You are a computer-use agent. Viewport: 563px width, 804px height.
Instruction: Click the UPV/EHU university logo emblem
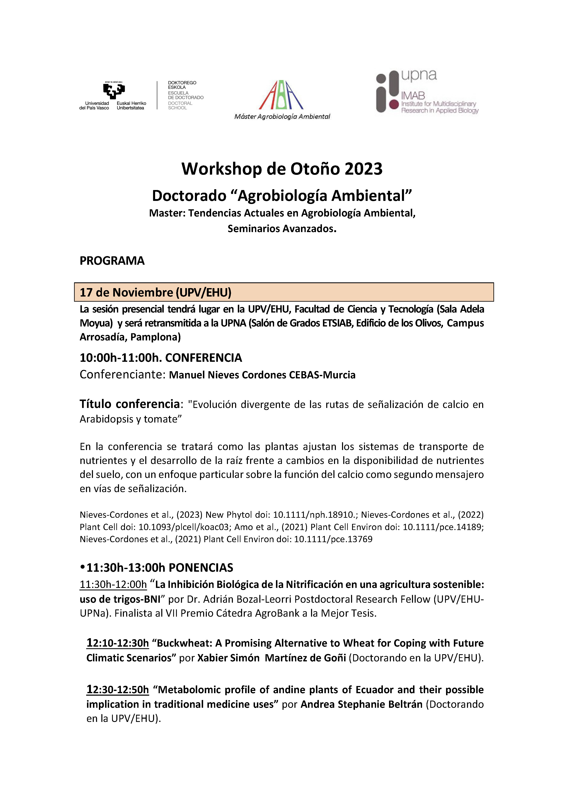pos(114,90)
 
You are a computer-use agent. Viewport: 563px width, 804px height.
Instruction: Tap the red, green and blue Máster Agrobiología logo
pos(281,95)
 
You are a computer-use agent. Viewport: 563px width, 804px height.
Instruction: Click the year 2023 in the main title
pos(363,169)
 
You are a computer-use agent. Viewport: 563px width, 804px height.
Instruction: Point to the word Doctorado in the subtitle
pos(189,196)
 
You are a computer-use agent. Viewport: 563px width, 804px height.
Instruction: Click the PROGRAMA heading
pos(112,261)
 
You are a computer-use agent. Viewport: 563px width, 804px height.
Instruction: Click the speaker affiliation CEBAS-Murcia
pos(322,375)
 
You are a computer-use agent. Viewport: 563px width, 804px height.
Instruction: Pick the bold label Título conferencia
pos(129,404)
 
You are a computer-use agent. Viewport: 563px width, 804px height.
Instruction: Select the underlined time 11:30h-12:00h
pos(113,584)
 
